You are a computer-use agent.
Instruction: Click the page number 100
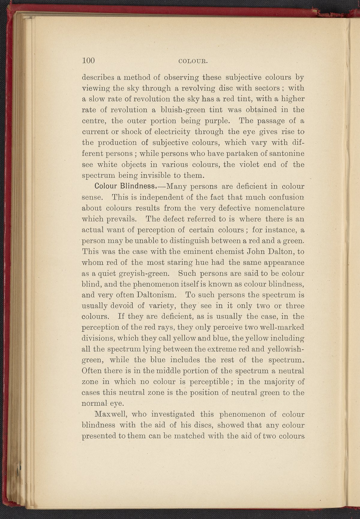tap(88, 61)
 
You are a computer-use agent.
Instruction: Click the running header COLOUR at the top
tap(193, 62)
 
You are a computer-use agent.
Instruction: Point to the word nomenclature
tap(278, 208)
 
